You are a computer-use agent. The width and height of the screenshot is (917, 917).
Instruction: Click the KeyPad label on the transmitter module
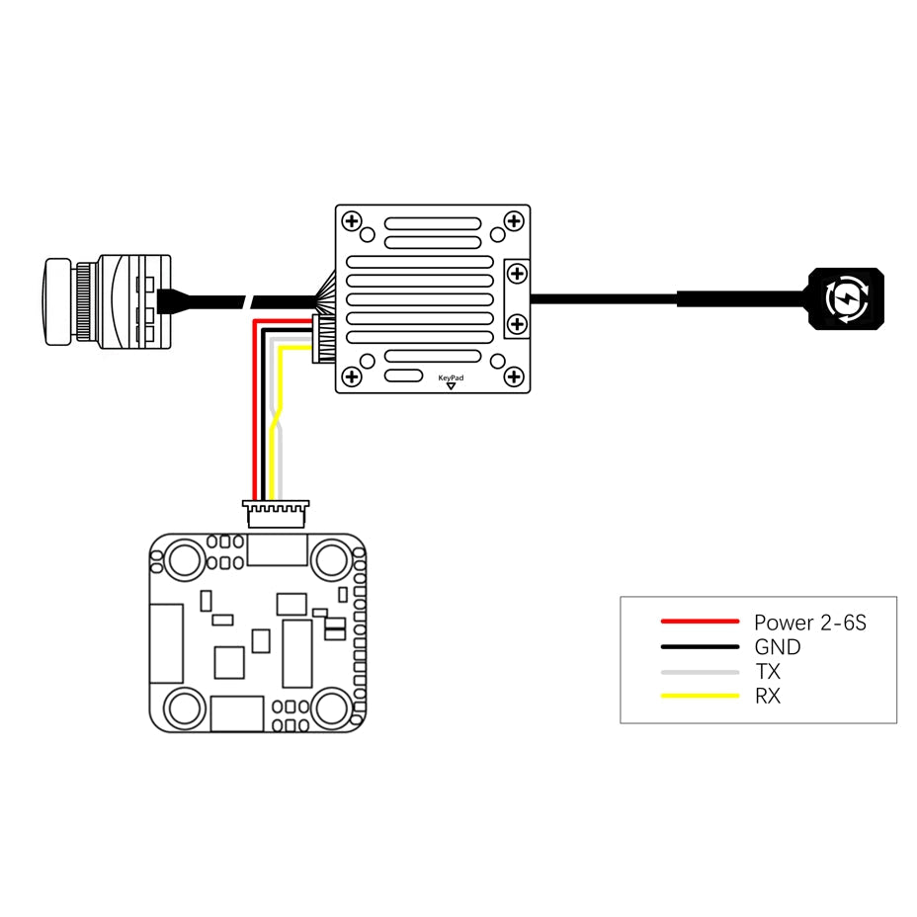point(451,377)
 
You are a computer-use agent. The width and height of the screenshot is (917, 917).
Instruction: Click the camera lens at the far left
point(57,301)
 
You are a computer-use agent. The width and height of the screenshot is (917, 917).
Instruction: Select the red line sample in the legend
point(700,622)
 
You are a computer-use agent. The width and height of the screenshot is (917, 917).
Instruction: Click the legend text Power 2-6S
point(810,623)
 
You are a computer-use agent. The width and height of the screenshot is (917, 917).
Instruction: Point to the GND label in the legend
point(778,647)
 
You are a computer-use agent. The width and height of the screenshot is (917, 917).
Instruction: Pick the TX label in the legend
point(768,672)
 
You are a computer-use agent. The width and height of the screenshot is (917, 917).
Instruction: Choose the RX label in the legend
point(768,697)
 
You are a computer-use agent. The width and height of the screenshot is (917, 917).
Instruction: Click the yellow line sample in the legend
point(700,697)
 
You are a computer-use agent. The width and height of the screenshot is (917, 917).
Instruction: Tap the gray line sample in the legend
point(700,672)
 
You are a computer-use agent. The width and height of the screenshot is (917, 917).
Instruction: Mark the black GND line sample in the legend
point(700,647)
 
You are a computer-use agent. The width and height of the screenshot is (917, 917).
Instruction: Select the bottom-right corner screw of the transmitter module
point(514,376)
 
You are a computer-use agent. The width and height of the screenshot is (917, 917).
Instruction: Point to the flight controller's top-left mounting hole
point(183,560)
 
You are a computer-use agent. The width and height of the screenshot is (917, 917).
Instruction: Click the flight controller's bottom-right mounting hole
point(331,708)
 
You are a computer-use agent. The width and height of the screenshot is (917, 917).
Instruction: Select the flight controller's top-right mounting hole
point(331,560)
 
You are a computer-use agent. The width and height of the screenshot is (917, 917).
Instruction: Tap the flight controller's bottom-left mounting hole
point(183,708)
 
